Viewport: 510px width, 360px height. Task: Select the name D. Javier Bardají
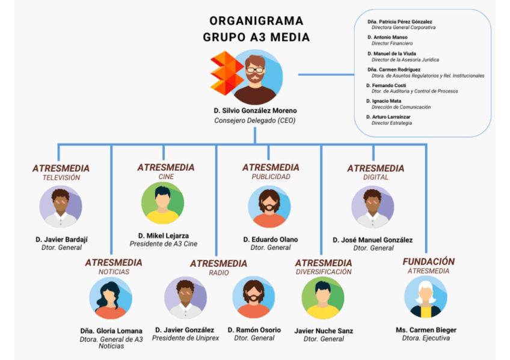pos(61,239)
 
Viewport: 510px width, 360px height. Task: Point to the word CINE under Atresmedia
pos(166,177)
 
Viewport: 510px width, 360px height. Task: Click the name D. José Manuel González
pos(373,240)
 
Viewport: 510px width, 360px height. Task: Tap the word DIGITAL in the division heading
pos(375,177)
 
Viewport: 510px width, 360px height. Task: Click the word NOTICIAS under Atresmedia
pos(114,272)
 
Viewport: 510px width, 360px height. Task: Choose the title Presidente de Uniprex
pos(184,338)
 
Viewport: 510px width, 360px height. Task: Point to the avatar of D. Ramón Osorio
pos(254,297)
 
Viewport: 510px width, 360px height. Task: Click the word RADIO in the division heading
pos(218,273)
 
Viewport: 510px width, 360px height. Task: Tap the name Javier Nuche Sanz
pos(324,331)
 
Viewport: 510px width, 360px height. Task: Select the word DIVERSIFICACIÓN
pos(324,272)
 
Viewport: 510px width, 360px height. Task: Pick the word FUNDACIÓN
pos(429,261)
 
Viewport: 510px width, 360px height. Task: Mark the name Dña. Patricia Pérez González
pos(400,22)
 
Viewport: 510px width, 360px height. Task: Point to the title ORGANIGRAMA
pos(256,21)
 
